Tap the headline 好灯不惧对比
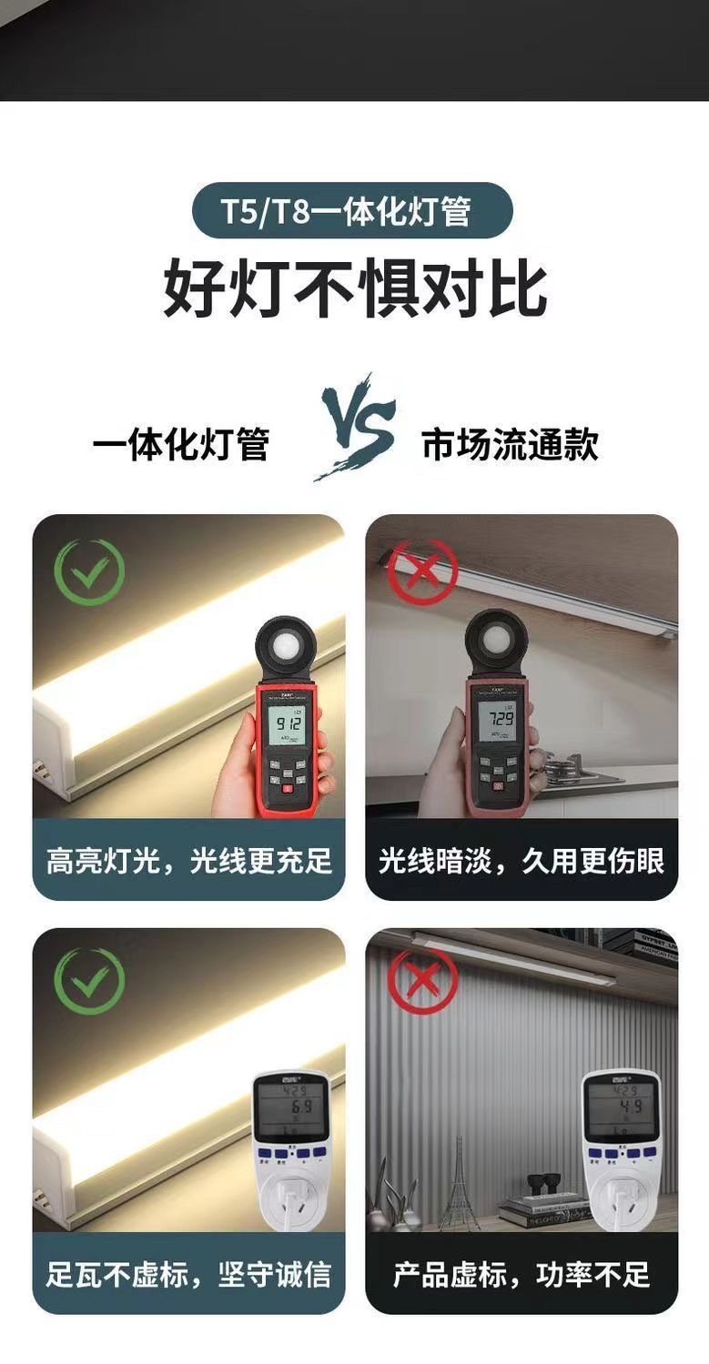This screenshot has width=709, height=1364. click(355, 289)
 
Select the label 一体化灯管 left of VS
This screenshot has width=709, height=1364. click(181, 445)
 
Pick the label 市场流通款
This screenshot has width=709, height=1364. click(510, 445)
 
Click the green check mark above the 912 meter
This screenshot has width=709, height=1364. click(88, 572)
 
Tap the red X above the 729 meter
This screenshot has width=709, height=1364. click(421, 573)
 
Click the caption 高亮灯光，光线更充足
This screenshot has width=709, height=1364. click(189, 860)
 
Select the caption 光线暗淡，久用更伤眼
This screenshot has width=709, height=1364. click(522, 860)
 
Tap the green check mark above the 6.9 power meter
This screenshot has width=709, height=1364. click(88, 982)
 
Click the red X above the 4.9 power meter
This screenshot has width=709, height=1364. click(421, 983)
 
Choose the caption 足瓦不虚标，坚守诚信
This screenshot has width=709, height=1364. click(189, 1274)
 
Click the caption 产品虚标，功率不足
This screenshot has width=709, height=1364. click(522, 1274)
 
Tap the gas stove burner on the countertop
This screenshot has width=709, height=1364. click(569, 772)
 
